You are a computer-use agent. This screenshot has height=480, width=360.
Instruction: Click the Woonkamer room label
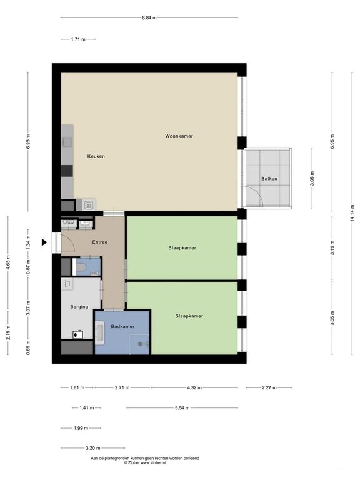(179, 136)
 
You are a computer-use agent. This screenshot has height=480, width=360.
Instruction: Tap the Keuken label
(96, 156)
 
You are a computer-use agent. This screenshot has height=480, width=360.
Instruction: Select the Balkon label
(269, 179)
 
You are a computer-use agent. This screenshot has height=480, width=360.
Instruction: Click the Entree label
(100, 242)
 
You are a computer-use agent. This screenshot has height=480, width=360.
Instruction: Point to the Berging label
(79, 307)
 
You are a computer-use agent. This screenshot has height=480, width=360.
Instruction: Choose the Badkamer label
(122, 327)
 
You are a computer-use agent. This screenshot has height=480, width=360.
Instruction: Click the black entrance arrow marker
(44, 242)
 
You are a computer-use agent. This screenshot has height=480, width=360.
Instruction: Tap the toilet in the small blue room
(81, 268)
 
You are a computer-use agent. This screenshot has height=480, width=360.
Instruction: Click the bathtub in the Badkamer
(99, 333)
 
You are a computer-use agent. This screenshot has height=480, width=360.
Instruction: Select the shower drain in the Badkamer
(141, 344)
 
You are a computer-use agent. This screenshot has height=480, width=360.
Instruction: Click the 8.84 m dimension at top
(149, 17)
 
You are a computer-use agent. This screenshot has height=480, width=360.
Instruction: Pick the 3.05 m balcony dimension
(312, 179)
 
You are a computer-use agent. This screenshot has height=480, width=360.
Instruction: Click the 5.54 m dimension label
(182, 407)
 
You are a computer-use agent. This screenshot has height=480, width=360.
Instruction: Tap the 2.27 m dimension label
(269, 387)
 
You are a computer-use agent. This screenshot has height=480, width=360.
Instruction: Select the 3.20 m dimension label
(92, 448)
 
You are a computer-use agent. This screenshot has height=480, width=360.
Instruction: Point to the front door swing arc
(71, 241)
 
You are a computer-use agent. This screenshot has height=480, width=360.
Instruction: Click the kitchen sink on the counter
(67, 142)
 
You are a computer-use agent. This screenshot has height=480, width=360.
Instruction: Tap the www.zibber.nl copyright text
(152, 463)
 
